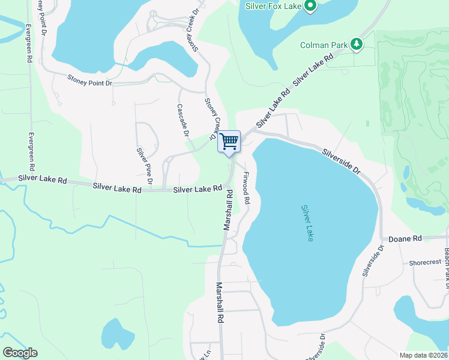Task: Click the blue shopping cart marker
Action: coord(229,142)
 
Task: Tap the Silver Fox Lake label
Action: coord(274,7)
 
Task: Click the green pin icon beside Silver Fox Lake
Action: coord(310,7)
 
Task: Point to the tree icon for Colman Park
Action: coord(357,44)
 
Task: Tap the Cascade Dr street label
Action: coord(182,119)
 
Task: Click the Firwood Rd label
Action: coord(246,188)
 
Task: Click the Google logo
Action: coord(20,353)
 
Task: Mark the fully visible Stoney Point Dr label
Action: coord(90,79)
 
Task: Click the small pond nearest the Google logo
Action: coord(118,333)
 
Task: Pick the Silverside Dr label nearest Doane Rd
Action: coord(372,260)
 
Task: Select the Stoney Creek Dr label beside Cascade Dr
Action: coord(211,119)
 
